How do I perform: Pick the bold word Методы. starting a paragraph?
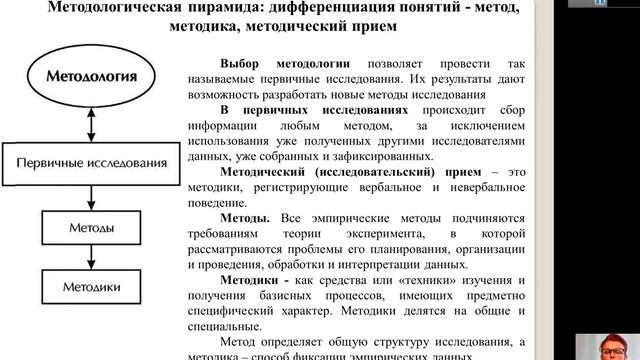(x=244, y=218)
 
